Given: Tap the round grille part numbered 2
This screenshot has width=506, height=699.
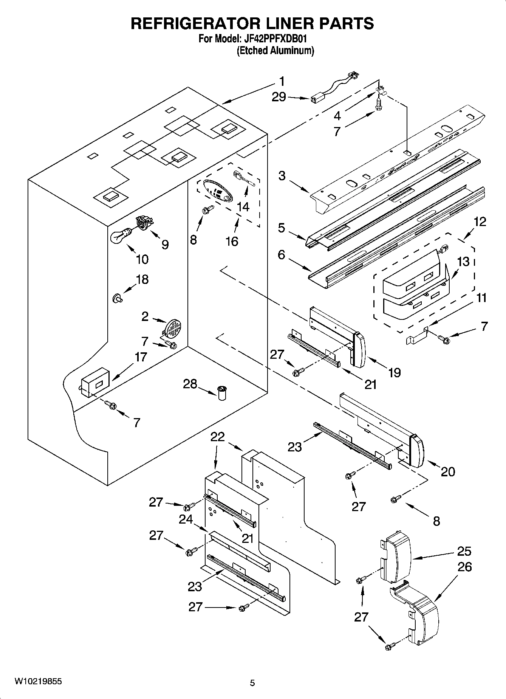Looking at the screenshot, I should click(173, 327).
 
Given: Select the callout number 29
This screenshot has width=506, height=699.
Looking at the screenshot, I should click(279, 97).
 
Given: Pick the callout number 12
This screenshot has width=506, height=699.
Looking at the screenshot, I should click(479, 222).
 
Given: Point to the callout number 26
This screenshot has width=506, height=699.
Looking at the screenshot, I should click(464, 567).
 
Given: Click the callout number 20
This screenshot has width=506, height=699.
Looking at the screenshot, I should click(448, 471).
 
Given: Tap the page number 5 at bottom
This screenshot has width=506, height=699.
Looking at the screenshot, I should click(252, 683).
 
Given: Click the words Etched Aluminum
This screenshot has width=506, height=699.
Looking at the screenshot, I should click(275, 50).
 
